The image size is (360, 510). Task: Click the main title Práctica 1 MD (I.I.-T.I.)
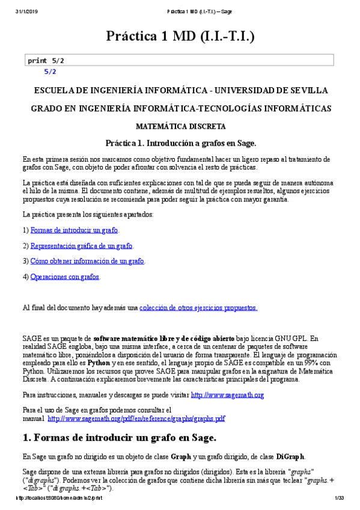(x=180, y=36)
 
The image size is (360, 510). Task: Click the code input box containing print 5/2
(x=180, y=61)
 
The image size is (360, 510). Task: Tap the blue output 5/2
(x=50, y=72)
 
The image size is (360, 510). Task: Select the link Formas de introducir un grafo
(x=75, y=230)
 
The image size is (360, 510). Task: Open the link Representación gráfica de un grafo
(x=81, y=246)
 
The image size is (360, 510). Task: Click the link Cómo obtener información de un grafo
(x=87, y=261)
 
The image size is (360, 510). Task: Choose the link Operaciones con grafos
(x=65, y=277)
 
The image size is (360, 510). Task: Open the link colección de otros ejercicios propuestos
(x=198, y=308)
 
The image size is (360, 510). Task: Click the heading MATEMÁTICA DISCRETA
(x=180, y=127)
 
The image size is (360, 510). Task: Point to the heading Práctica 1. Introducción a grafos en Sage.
(x=180, y=143)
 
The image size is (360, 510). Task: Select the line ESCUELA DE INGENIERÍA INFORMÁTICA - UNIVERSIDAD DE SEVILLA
(x=180, y=90)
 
